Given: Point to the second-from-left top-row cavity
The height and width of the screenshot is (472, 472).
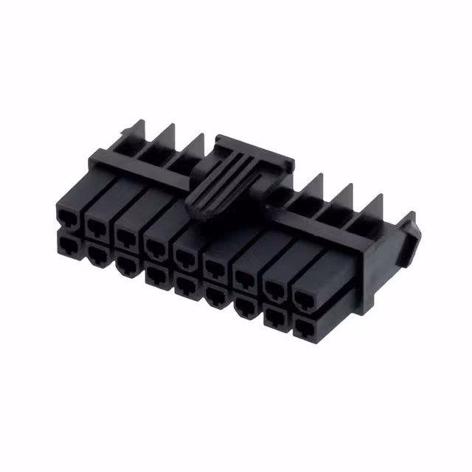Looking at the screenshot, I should pyautogui.click(x=97, y=224).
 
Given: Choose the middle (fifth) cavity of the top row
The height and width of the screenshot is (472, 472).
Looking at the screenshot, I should pyautogui.click(x=184, y=254).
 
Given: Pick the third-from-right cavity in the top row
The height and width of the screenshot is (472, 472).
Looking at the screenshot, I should pyautogui.click(x=245, y=277).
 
